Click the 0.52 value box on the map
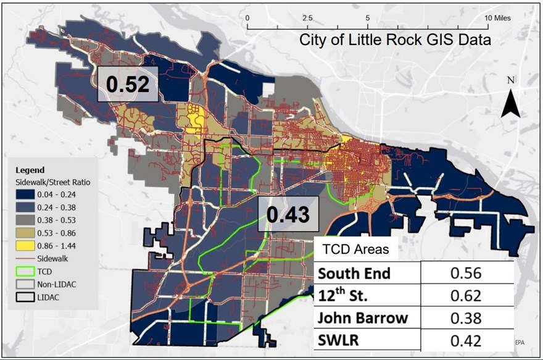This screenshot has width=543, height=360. tap(128, 84)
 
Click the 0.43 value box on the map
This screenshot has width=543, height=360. tap(287, 215)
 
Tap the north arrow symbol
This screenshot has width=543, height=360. tap(510, 99)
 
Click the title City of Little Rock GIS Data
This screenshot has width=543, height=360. tap(396, 41)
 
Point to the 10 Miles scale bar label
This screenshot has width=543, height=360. tap(497, 18)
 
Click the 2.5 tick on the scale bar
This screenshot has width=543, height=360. tap(307, 18)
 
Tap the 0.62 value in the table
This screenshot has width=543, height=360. tap(467, 295)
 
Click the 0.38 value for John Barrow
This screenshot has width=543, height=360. tap(467, 317)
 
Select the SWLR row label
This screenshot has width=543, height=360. tap(336, 339)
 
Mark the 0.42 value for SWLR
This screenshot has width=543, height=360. tap(467, 339)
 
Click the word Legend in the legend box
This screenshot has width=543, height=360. tap(29, 169)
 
